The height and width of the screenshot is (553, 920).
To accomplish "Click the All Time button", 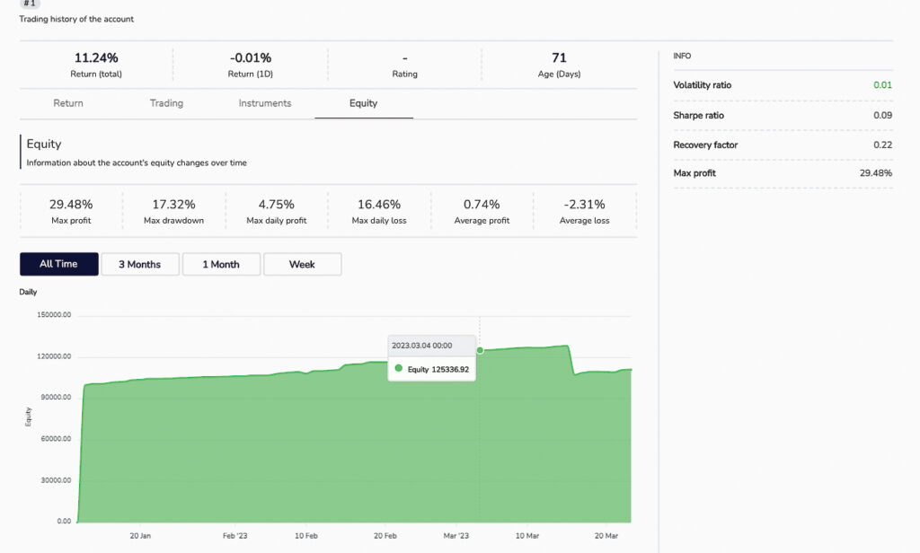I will (x=58, y=264).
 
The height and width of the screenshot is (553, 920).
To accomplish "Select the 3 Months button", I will (x=139, y=264).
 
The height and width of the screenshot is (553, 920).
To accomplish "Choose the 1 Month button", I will (x=221, y=264).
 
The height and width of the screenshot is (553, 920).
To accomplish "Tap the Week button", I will (x=302, y=264).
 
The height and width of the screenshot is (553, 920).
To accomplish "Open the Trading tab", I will (x=166, y=103).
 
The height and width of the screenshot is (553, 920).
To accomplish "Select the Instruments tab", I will (x=265, y=103).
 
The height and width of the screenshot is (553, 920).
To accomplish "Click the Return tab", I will (x=68, y=103).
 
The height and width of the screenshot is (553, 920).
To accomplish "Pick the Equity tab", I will (x=363, y=103).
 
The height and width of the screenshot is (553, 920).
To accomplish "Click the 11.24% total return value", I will (x=96, y=58).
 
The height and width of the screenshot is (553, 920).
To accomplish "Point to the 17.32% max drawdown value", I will (x=174, y=205).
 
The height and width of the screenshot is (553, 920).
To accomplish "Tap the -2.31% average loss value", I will (x=584, y=205).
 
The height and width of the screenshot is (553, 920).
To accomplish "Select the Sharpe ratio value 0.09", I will (x=882, y=116).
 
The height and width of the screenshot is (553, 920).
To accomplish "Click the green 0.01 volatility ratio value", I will (x=882, y=85).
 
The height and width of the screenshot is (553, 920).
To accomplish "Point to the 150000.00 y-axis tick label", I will (x=53, y=316).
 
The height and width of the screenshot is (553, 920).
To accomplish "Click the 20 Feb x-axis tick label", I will (x=385, y=535).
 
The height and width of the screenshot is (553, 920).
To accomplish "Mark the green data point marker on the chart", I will (x=480, y=350).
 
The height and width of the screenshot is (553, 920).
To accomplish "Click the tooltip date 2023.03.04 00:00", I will (x=421, y=345).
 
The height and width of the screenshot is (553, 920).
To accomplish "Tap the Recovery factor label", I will (x=705, y=145).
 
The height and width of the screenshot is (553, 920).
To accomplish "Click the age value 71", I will (x=559, y=58).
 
